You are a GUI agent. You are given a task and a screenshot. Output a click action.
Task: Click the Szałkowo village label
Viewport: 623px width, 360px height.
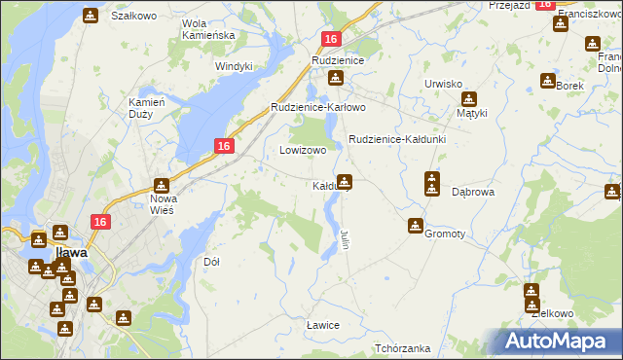tap(134, 17)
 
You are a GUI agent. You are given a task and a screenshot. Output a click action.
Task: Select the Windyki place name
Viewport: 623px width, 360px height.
tap(234, 66)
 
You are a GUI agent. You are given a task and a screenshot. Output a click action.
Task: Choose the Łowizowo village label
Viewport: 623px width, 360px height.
tap(303, 151)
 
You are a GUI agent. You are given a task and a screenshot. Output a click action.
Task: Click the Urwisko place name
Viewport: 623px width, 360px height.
tap(443, 84)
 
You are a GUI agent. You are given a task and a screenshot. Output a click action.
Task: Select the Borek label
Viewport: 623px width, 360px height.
tap(570, 86)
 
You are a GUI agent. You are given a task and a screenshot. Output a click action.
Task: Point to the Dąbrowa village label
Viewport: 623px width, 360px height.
tap(474, 193)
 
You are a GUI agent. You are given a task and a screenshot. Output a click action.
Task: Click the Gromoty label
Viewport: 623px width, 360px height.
tap(445, 234)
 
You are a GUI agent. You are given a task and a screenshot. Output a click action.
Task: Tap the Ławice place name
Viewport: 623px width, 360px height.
tap(322, 324)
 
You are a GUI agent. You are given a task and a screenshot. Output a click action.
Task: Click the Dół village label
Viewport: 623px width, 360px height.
tap(211, 262)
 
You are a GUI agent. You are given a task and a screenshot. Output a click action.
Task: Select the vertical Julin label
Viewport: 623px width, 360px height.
tap(346, 237)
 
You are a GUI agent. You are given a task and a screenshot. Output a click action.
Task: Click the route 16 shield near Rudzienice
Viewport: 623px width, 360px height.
tap(331, 39)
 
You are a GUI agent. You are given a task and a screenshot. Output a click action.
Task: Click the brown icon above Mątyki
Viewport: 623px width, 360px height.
tap(469, 98)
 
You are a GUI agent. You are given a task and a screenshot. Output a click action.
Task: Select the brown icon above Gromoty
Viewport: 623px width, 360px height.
tap(416, 226)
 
